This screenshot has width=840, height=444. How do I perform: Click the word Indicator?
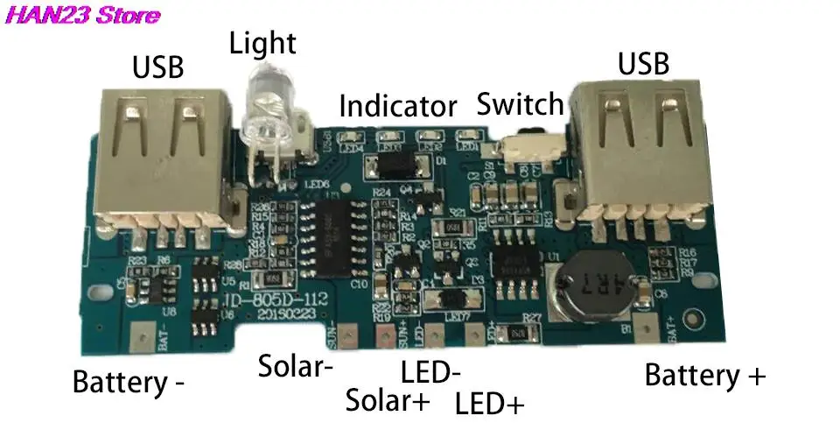pyautogui.click(x=398, y=107)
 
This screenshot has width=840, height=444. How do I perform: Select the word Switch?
pyautogui.click(x=521, y=104)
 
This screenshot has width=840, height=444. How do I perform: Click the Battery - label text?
pyautogui.click(x=129, y=383)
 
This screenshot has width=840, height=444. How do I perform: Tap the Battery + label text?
pyautogui.click(x=705, y=376)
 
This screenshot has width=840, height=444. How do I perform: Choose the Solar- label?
pyautogui.click(x=296, y=366)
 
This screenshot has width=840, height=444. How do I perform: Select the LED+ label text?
pyautogui.click(x=490, y=404)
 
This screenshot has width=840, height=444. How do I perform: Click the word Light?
pyautogui.click(x=263, y=43)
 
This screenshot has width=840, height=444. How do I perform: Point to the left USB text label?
pyautogui.click(x=158, y=67)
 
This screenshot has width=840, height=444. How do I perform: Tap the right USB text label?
pyautogui.click(x=643, y=63)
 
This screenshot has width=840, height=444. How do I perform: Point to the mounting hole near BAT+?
pyautogui.click(x=696, y=321)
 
